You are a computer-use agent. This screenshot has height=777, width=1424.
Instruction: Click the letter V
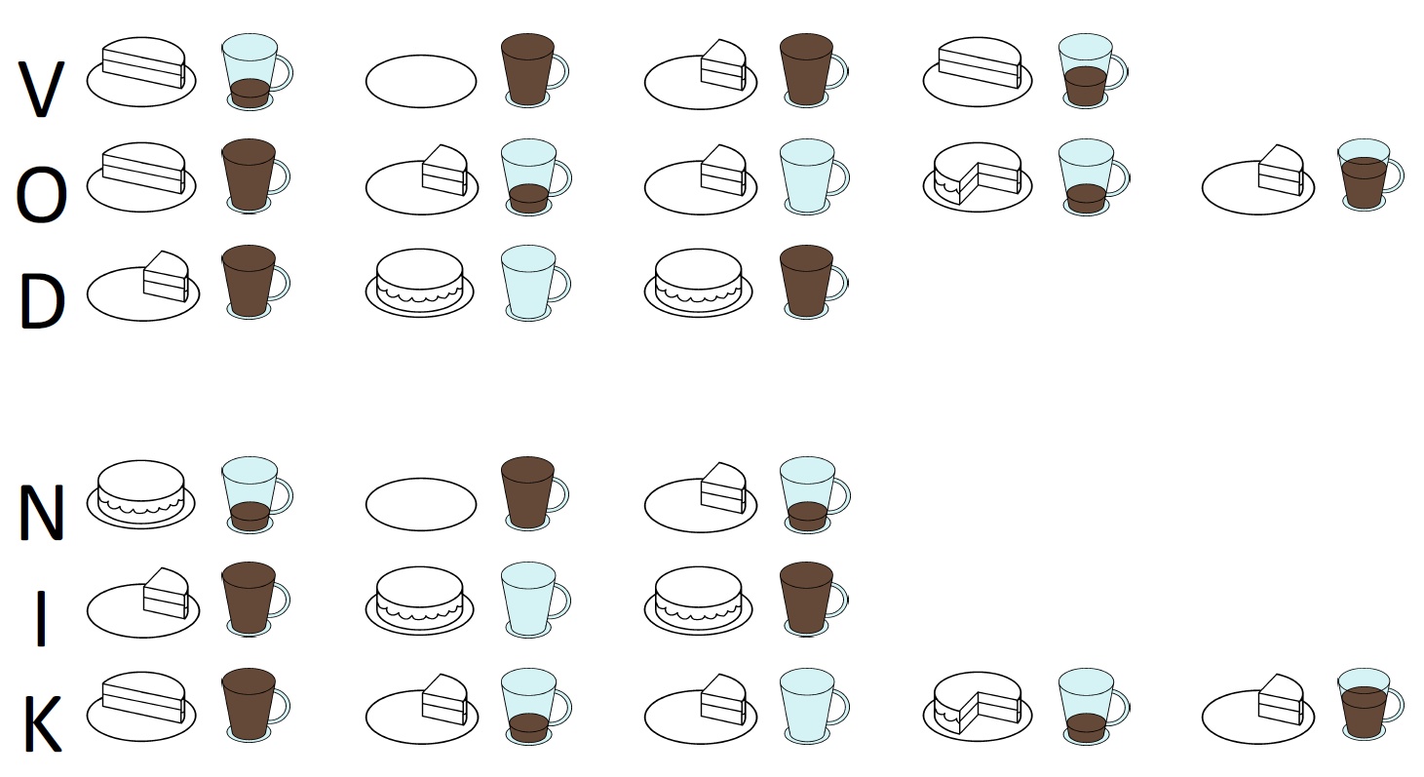tap(41, 89)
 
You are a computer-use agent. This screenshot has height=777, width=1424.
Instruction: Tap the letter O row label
tap(41, 195)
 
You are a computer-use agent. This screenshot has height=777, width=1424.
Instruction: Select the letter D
tap(43, 300)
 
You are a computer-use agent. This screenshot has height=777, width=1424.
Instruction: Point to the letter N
tap(42, 512)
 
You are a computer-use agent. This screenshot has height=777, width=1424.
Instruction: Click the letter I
tap(42, 618)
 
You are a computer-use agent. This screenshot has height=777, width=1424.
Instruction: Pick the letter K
tap(43, 724)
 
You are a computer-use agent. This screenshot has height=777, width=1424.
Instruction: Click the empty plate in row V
tap(421, 81)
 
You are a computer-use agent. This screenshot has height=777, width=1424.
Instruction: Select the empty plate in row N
tap(421, 504)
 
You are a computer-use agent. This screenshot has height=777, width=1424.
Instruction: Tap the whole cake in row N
tap(141, 491)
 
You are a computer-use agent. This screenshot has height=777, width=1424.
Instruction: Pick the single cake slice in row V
tap(723, 65)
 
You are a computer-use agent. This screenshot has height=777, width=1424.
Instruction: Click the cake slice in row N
tap(723, 487)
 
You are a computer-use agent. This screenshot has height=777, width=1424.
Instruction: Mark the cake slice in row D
tap(166, 276)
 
